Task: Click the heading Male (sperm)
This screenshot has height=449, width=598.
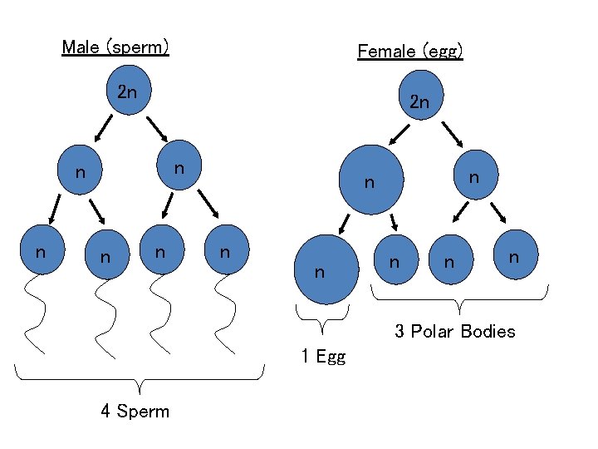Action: click(115, 47)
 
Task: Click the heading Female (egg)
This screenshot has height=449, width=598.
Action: click(409, 52)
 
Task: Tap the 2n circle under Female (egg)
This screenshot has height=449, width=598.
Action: click(420, 101)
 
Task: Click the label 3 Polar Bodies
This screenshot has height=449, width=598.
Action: click(454, 332)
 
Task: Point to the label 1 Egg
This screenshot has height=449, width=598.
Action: click(323, 358)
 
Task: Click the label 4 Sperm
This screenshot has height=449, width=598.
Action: click(135, 412)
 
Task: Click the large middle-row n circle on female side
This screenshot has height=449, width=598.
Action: click(373, 178)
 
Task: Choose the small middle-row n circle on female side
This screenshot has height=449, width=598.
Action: click(473, 176)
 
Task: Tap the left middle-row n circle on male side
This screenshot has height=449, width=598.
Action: click(81, 173)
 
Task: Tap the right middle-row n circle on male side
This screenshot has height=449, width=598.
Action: click(178, 168)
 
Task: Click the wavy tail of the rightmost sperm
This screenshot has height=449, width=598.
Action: click(225, 314)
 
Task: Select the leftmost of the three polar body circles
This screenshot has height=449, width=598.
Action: click(395, 260)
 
